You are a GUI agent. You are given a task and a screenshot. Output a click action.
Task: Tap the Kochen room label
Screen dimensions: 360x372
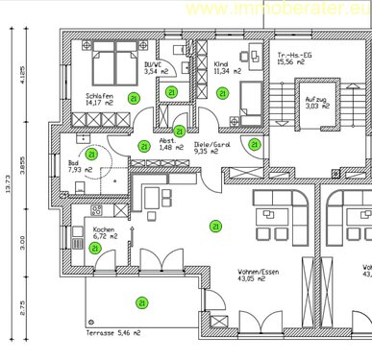point(105,230)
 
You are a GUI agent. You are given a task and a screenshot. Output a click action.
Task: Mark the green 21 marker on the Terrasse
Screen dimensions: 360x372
point(141,302)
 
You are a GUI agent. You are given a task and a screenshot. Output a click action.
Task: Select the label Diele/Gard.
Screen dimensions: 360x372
point(210,143)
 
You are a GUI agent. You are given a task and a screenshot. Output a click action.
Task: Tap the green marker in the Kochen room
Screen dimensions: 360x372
point(94,248)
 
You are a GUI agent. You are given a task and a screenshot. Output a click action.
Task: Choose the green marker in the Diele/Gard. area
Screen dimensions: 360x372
point(255,144)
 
